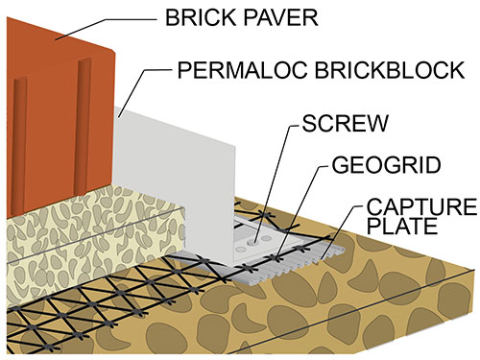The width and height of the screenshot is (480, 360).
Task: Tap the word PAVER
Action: (x=280, y=17)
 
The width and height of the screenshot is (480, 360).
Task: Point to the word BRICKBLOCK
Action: (x=390, y=70)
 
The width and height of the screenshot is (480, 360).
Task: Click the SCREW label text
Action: (x=346, y=123)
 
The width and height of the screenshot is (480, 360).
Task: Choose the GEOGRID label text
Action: (x=386, y=165)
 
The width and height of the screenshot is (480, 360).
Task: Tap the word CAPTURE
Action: (x=421, y=206)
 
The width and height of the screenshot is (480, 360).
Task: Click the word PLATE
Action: (x=402, y=226)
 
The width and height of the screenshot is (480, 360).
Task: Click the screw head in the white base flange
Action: (x=254, y=242)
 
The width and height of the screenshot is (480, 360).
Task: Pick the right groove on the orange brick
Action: (x=83, y=127)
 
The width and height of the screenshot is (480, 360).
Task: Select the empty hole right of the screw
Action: (x=266, y=238)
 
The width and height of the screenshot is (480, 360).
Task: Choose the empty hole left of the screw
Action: (x=240, y=249)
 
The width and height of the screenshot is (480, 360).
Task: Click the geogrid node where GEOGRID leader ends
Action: (x=276, y=257)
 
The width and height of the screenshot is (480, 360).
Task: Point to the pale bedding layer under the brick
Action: (x=93, y=243)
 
